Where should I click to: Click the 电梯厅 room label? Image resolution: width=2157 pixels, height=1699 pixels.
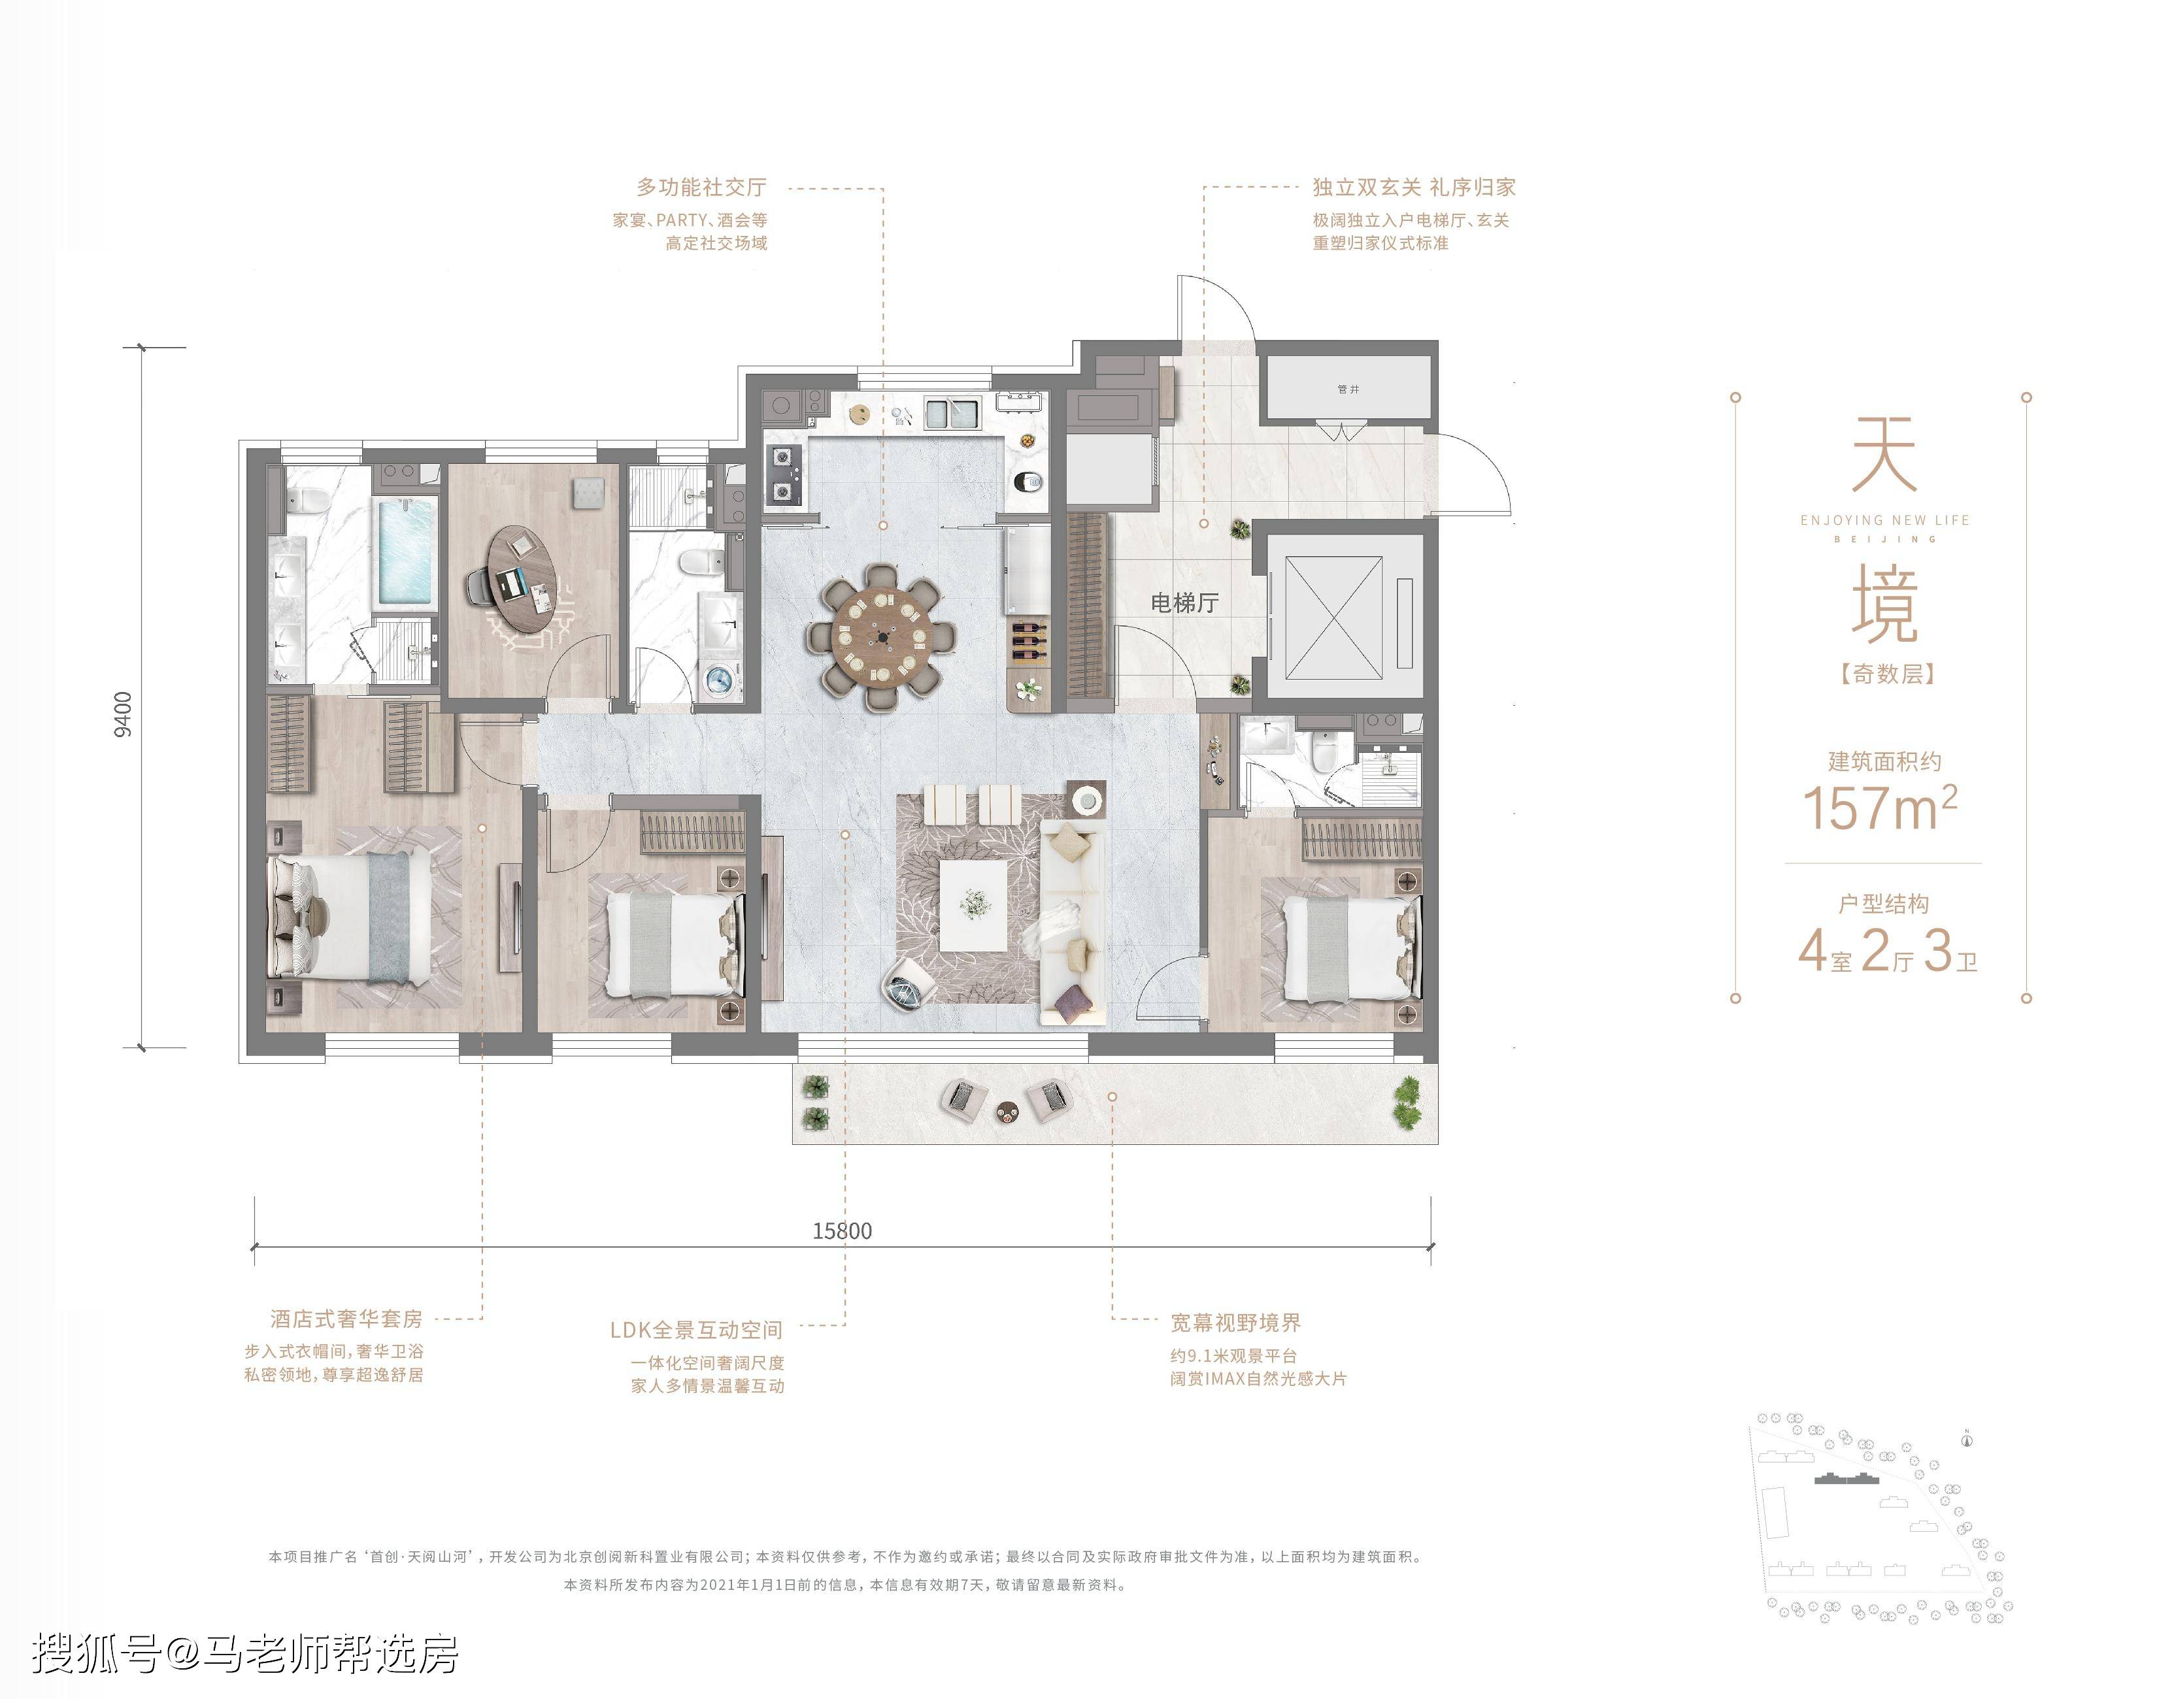tap(1184, 602)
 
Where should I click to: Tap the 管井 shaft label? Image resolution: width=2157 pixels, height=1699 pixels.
tap(1348, 389)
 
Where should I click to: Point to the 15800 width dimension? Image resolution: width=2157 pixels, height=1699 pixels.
tap(842, 1230)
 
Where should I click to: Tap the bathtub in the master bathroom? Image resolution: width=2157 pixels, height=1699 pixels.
tap(405, 550)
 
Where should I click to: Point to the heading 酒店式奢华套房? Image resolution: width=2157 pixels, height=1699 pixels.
tap(346, 1319)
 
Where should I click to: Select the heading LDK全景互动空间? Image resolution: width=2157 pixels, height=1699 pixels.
tap(696, 1330)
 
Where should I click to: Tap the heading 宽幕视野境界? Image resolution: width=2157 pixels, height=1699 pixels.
tap(1235, 1323)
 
